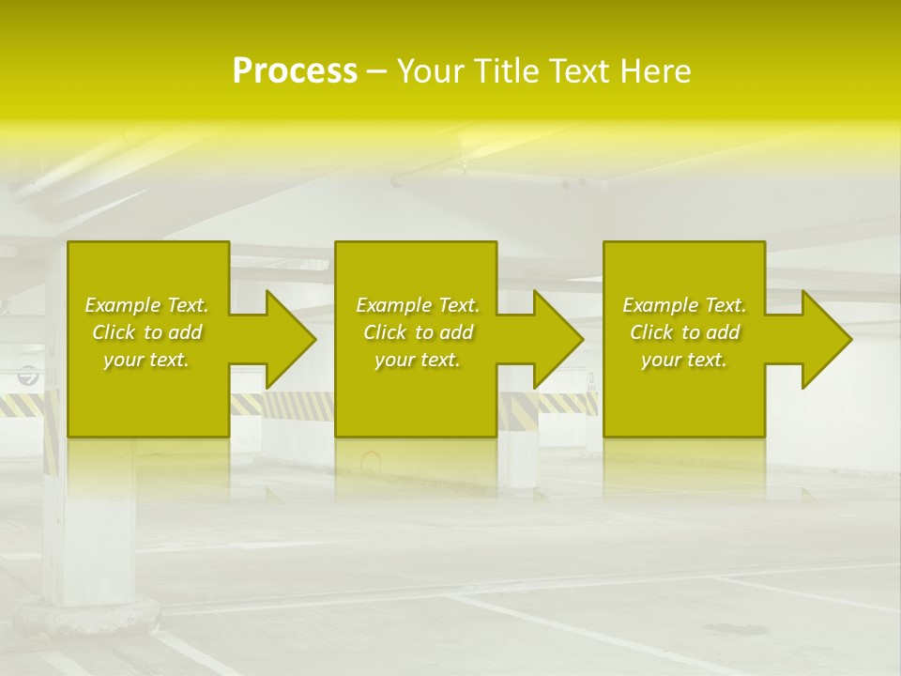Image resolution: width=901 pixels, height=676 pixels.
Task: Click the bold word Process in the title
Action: coord(295,71)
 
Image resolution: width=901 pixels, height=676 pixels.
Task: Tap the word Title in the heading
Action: coord(503,71)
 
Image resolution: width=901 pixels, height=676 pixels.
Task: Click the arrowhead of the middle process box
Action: coord(557,339)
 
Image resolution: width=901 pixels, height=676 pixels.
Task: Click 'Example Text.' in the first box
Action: coord(146,305)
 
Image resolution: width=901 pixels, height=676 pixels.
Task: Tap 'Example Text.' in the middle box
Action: coord(418,305)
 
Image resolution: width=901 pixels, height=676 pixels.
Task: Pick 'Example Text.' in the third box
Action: coord(684,305)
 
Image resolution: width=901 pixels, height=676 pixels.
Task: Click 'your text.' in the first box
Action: coord(146,360)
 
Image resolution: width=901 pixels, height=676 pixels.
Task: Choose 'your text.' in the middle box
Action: coord(418,360)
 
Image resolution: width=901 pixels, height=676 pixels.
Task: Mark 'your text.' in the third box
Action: coord(684,360)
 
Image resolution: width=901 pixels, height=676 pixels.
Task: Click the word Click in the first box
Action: coord(114,332)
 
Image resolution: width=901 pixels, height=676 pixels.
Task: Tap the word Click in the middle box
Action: coord(385,332)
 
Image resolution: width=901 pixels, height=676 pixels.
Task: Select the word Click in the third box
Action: coord(651,332)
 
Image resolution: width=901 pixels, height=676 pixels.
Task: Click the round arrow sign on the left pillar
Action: coord(29,376)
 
